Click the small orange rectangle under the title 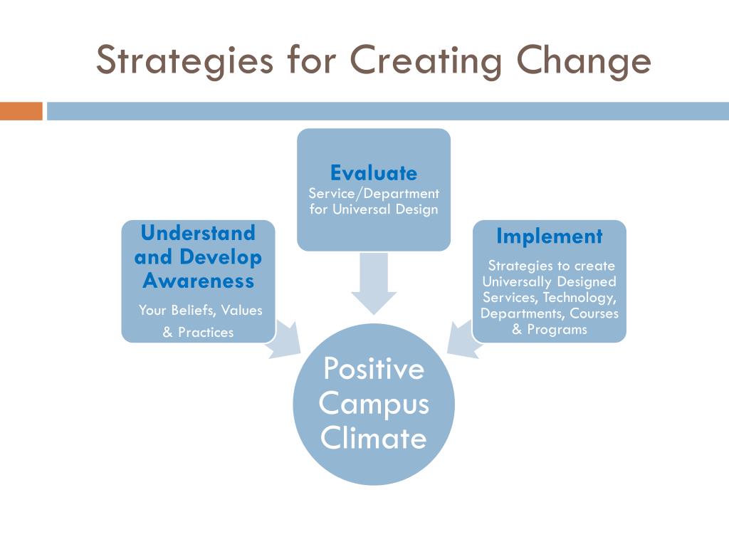(x=21, y=111)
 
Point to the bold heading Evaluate (x=374, y=173)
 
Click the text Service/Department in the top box (x=374, y=194)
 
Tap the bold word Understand (x=198, y=233)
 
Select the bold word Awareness (x=198, y=281)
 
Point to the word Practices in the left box (x=206, y=332)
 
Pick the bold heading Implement (x=549, y=236)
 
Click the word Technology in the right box (x=579, y=298)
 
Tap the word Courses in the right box (x=594, y=313)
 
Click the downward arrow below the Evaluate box (x=374, y=283)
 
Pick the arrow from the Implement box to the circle (x=461, y=338)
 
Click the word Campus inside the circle (x=374, y=403)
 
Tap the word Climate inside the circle (x=374, y=437)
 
